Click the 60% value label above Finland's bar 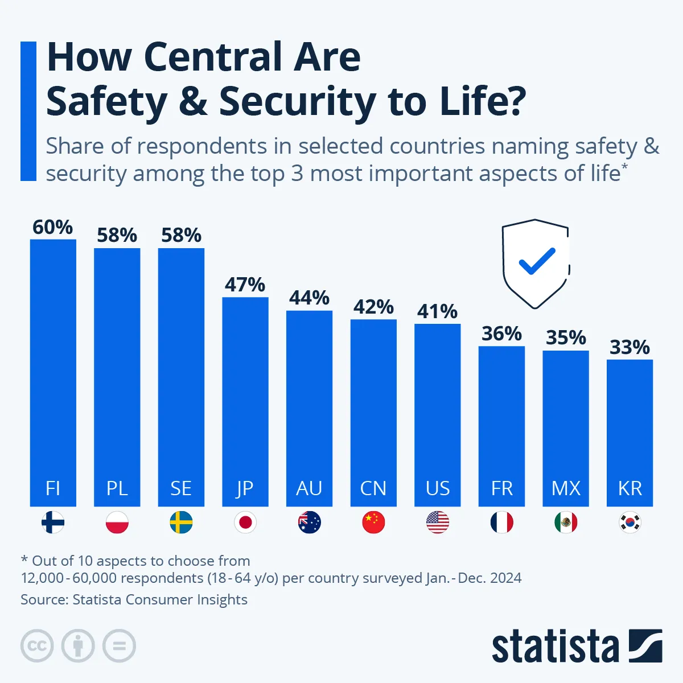[x=52, y=227]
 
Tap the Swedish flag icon [x=181, y=522]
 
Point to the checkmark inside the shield [x=536, y=261]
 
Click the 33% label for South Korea [x=629, y=347]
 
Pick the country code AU [x=309, y=488]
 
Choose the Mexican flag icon [x=566, y=522]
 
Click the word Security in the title [x=297, y=101]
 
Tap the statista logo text [x=555, y=647]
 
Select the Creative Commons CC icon [x=37, y=646]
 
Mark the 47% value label [x=245, y=285]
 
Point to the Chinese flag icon [x=373, y=522]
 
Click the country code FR [x=501, y=488]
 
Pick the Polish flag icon [x=117, y=522]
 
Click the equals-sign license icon [x=119, y=646]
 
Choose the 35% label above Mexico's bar [x=566, y=338]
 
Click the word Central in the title [x=213, y=57]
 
